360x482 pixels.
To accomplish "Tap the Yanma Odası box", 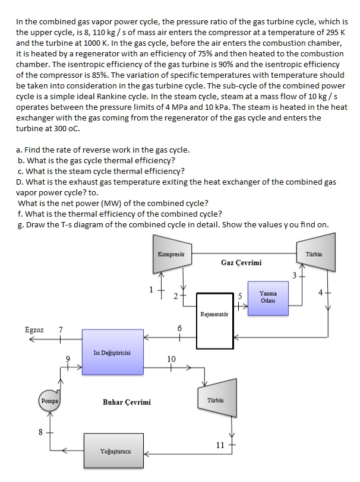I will click(x=268, y=297).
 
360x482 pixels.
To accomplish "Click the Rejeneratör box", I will click(x=215, y=321).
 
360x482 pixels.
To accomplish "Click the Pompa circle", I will click(x=50, y=401).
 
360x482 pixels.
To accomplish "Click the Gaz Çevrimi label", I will click(x=241, y=262).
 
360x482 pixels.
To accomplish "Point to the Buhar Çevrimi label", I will click(x=127, y=402).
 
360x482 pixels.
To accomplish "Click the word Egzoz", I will click(x=34, y=329).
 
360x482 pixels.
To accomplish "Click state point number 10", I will click(x=172, y=359).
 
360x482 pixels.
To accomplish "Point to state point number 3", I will click(x=294, y=274).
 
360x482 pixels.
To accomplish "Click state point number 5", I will click(x=241, y=296).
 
